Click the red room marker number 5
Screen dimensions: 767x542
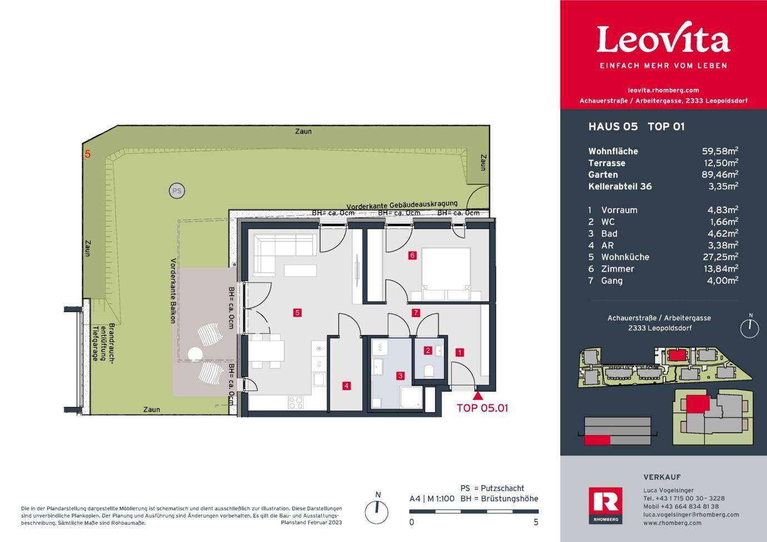pos(297,313)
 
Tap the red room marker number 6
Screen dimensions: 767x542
pos(412,255)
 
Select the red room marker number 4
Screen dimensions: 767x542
pos(346,386)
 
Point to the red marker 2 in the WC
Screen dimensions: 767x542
pos(427,350)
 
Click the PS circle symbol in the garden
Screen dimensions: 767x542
pos(177,190)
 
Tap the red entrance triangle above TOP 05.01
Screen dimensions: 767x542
pos(479,397)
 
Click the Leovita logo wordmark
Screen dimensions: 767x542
pos(663,38)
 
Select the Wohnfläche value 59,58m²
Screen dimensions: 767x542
pos(720,151)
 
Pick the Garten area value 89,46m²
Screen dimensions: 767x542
pos(720,174)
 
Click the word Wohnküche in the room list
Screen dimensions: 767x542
pos(625,257)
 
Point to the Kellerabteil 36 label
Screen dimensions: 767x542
pos(620,187)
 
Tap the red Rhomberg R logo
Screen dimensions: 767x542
pos(605,505)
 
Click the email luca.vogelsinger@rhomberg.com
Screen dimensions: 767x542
pos(691,515)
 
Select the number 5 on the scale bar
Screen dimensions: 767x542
pos(536,522)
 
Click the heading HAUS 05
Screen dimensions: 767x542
pos(613,127)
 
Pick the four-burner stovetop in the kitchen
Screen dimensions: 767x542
pos(296,403)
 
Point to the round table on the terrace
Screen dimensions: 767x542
pos(195,354)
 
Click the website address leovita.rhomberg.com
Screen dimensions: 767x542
pos(663,91)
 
